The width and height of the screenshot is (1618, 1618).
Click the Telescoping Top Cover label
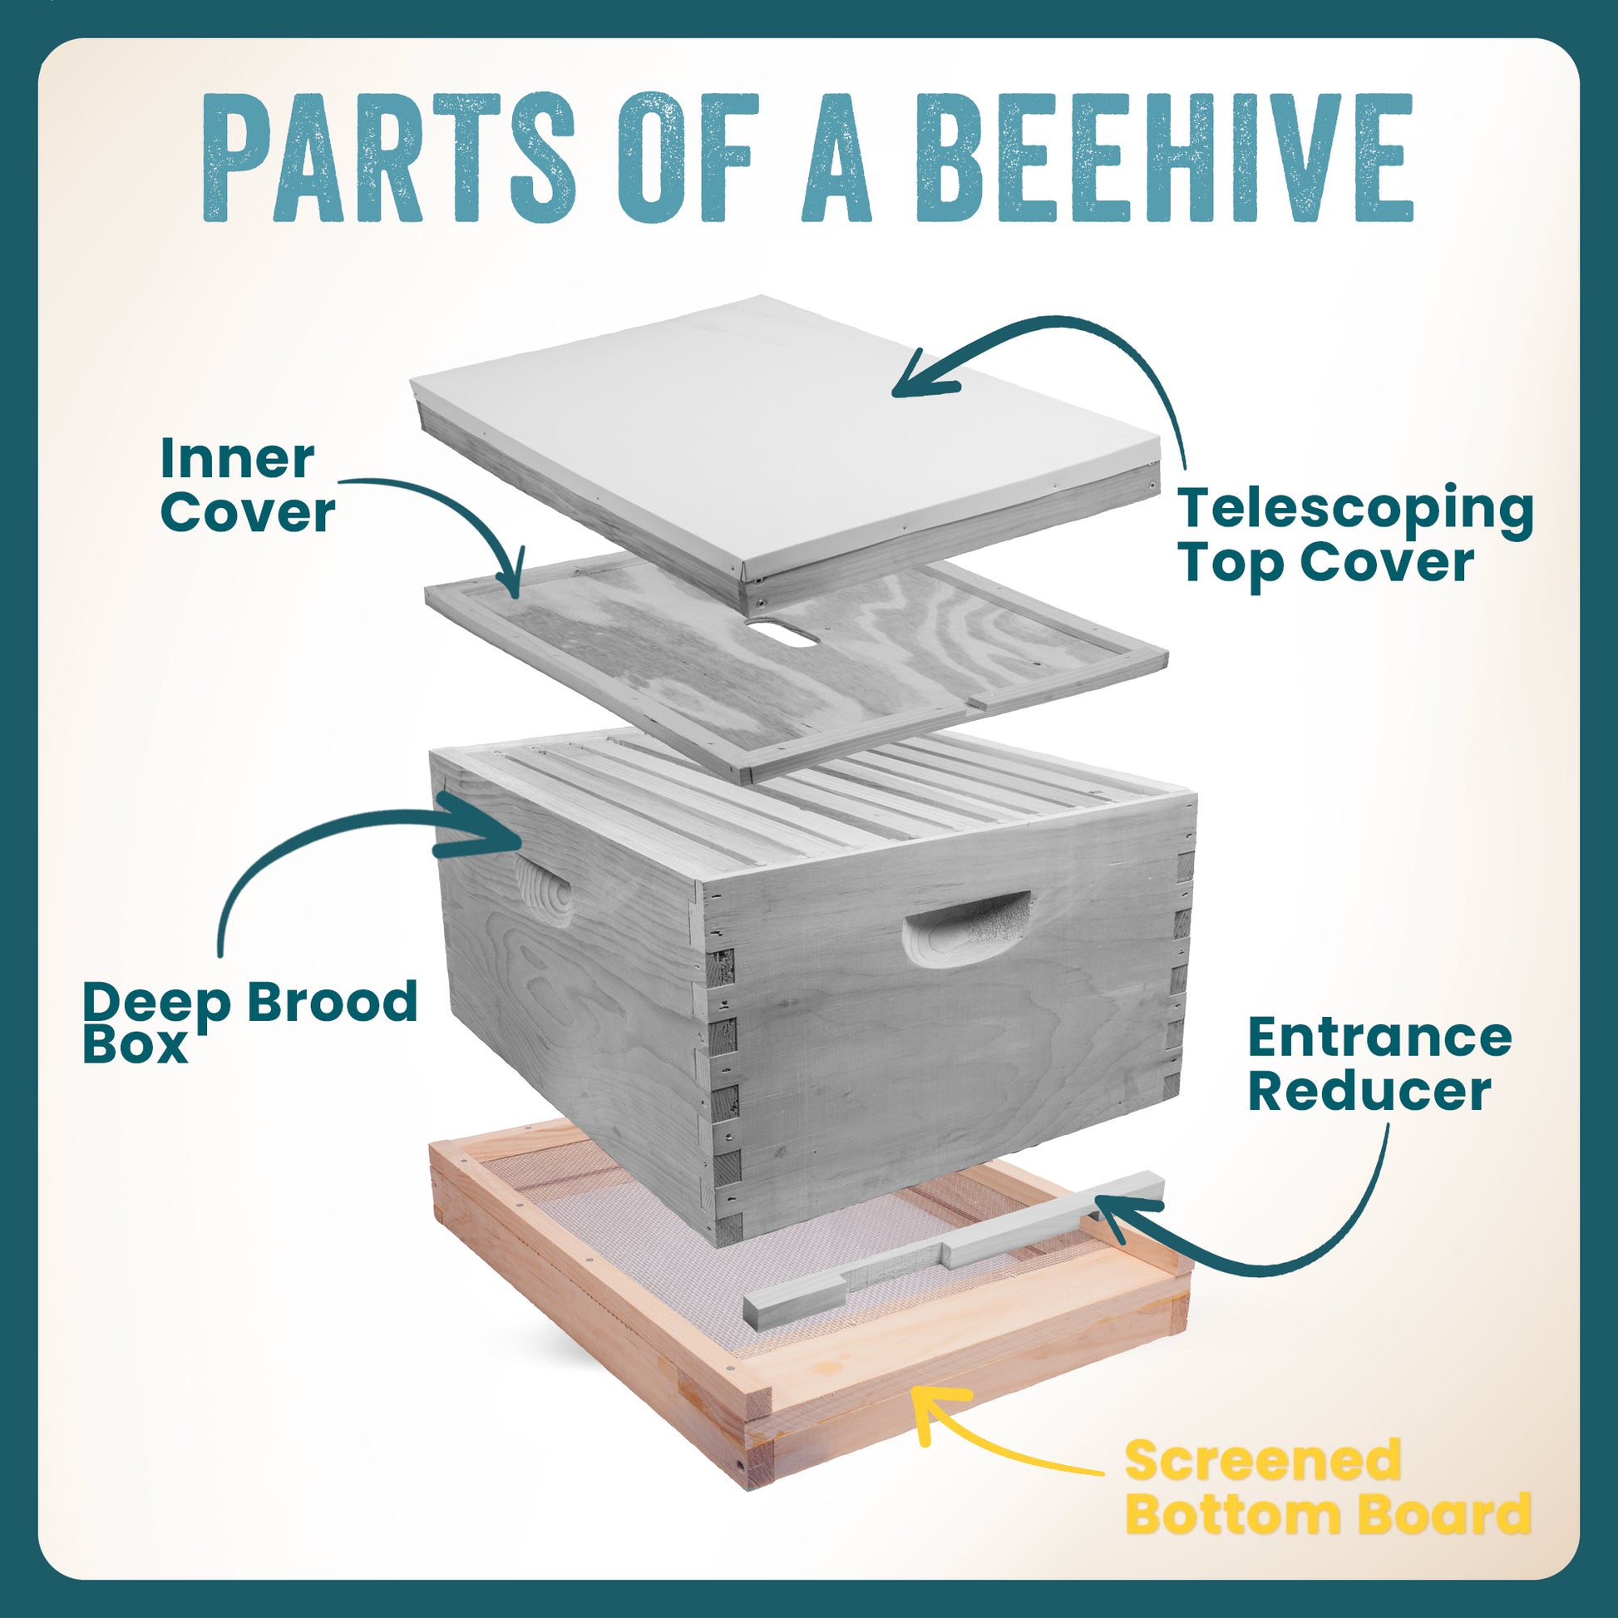click(1356, 536)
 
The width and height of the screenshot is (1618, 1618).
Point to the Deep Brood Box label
click(249, 1023)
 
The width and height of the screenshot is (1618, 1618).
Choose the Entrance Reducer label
click(1379, 1064)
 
